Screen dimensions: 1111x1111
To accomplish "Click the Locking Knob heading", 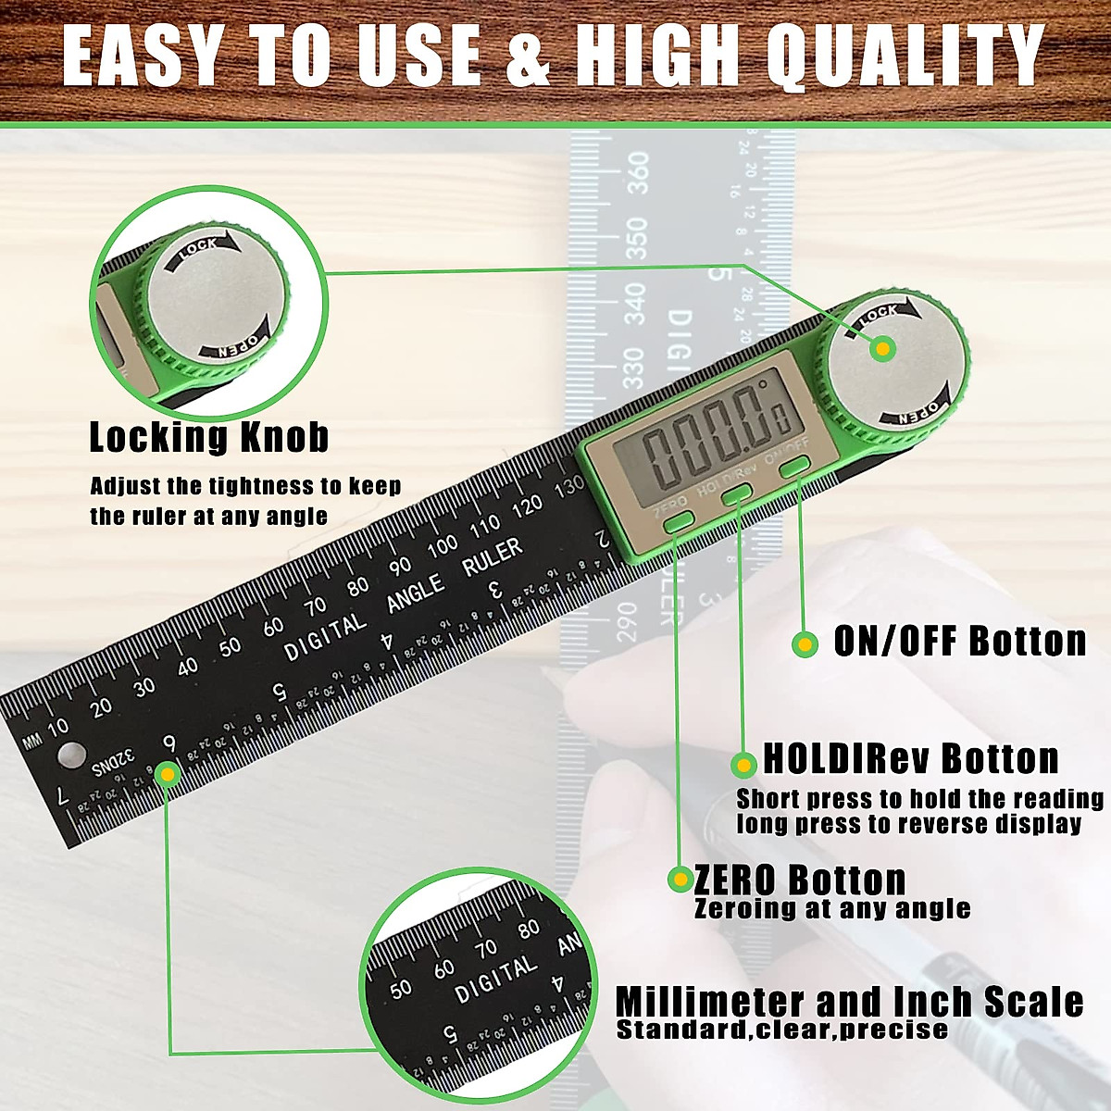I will [209, 437].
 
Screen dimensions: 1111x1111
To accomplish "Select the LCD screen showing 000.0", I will [709, 435].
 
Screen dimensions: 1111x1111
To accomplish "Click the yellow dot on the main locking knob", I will [883, 349].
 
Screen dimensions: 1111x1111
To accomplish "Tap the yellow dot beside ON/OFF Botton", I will [805, 644].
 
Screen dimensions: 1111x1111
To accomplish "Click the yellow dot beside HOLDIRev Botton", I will [743, 765].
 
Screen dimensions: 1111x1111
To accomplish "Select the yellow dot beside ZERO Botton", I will [681, 879].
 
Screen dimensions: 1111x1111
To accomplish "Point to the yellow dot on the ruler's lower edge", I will [167, 774].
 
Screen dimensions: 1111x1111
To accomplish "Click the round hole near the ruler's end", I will [69, 755].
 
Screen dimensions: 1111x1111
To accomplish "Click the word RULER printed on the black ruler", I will [493, 556].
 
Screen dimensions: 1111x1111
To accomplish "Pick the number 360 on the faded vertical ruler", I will [638, 173].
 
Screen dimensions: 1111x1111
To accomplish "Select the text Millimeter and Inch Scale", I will [849, 1002].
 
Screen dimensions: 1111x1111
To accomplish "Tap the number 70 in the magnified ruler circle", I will [486, 948].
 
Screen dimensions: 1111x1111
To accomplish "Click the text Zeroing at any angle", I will [832, 909].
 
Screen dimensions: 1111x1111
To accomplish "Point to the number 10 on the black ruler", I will [58, 727].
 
